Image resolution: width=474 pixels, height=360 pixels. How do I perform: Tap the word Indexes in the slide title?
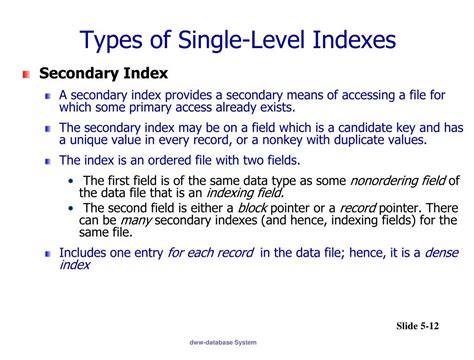tap(346, 41)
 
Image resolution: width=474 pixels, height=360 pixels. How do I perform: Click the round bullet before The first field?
tap(73, 180)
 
